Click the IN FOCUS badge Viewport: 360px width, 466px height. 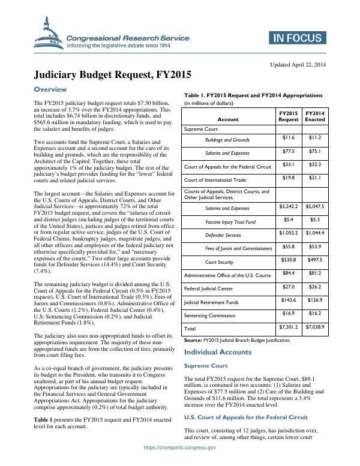coord(297,38)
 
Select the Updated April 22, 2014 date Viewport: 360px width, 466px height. coord(298,65)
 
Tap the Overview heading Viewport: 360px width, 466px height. coord(50,89)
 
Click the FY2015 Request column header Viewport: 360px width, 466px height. coord(289,116)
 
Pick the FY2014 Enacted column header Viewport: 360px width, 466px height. coord(314,116)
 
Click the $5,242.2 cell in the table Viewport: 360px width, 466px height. coord(289,206)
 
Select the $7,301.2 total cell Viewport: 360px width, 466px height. coord(289,327)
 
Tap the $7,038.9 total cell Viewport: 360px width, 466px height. coord(314,327)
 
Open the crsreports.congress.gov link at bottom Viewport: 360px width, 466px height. coord(179,462)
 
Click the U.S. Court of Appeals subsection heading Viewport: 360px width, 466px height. coord(245,417)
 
